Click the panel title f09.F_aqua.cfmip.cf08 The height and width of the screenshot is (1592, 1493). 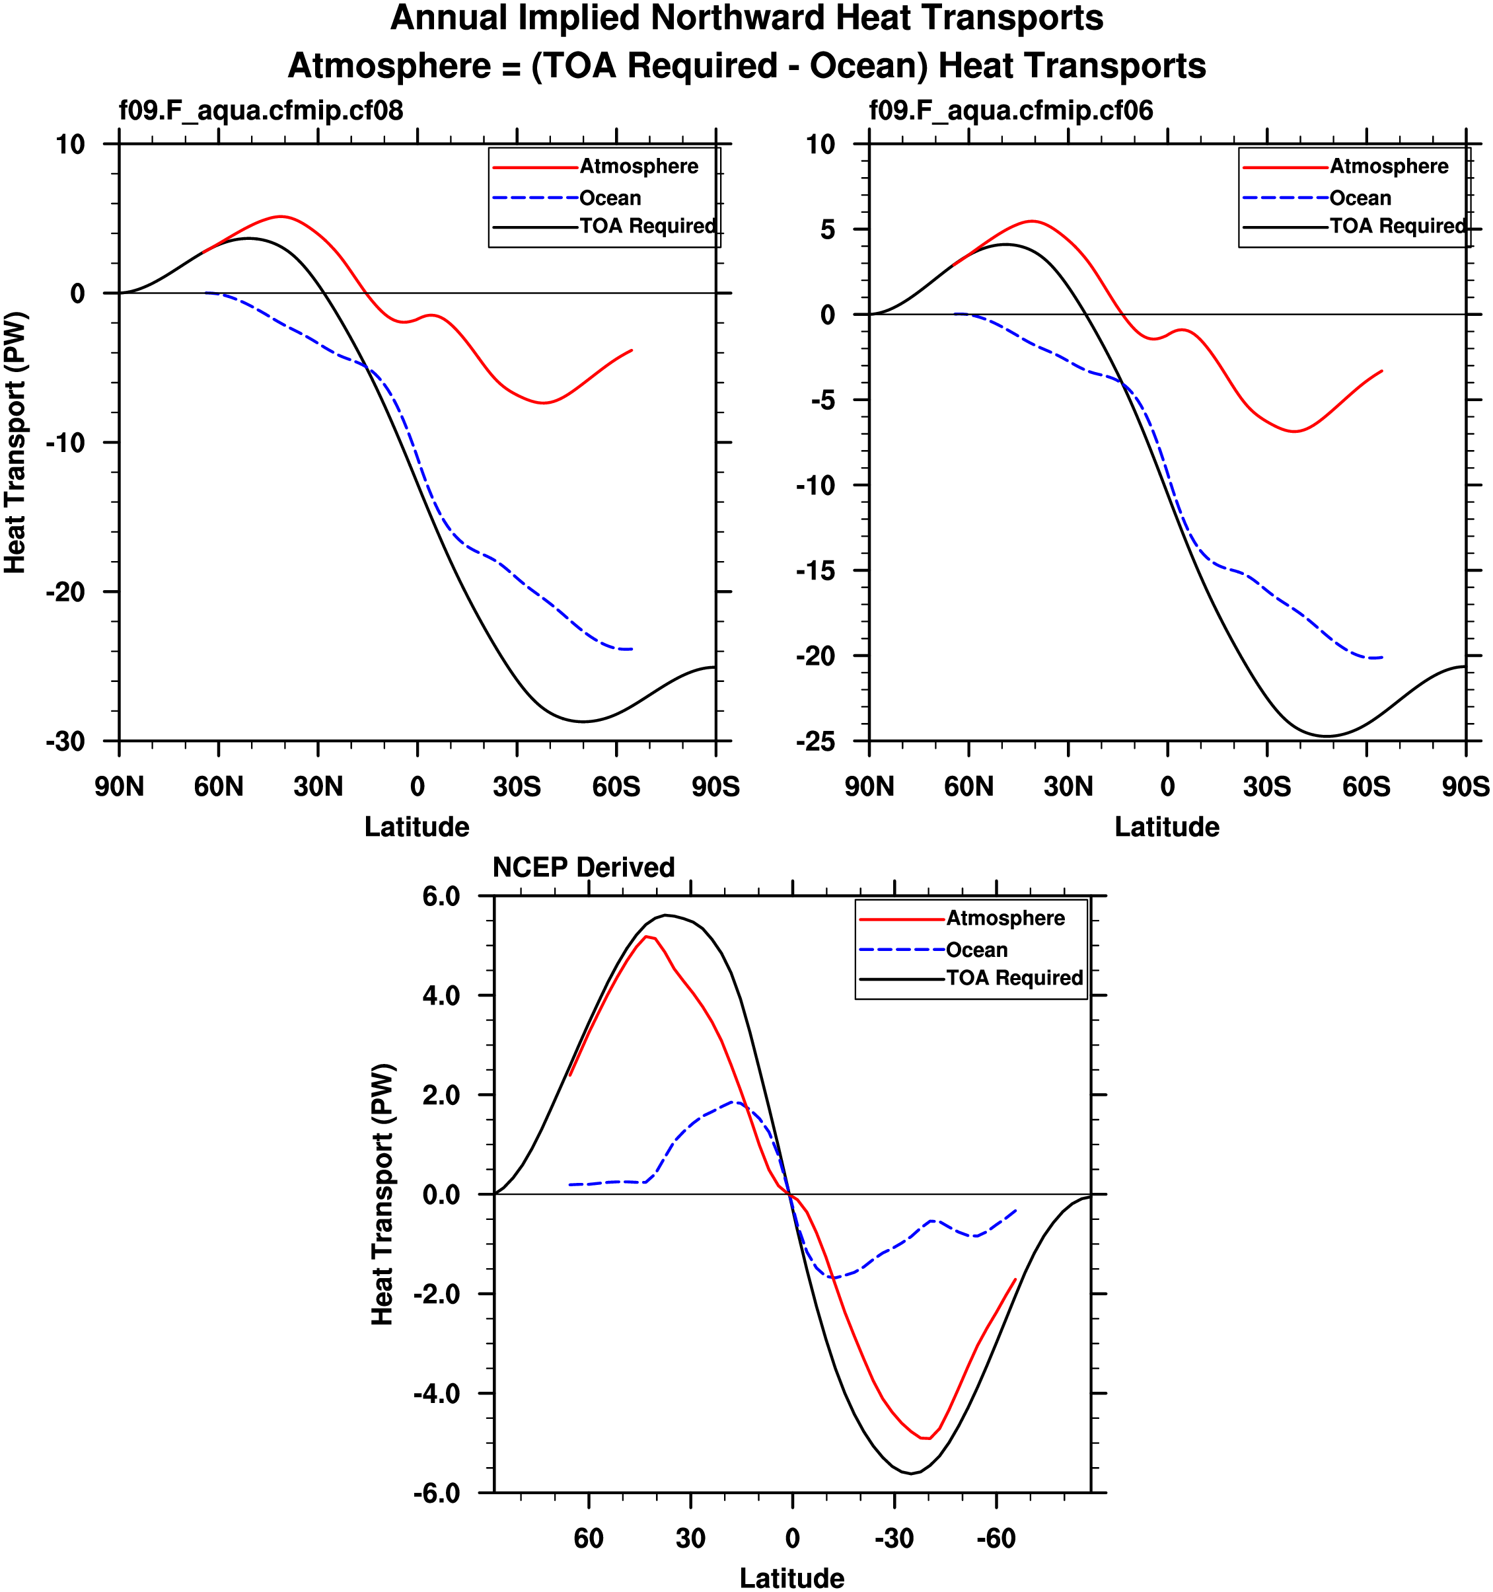(x=261, y=110)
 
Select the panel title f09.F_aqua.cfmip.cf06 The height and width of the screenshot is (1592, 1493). (x=1011, y=110)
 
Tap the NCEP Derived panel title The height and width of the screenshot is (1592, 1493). (x=583, y=867)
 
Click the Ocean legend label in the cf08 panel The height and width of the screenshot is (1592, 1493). (x=610, y=198)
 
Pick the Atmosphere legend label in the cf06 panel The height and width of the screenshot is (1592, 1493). (x=1389, y=167)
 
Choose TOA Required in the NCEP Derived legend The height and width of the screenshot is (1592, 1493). (x=1014, y=978)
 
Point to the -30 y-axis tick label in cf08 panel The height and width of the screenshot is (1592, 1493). (x=65, y=741)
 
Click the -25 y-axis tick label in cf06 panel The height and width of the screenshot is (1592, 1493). (x=816, y=741)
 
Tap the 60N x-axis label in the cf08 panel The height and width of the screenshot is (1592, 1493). (x=219, y=787)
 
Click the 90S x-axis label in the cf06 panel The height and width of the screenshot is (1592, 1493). (x=1466, y=787)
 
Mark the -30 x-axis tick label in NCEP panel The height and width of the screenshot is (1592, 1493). (x=894, y=1538)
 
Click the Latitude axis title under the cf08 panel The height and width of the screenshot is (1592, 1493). (x=416, y=827)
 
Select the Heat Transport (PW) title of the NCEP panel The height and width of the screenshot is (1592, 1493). (x=382, y=1194)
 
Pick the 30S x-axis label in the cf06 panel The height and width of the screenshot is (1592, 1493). (x=1267, y=787)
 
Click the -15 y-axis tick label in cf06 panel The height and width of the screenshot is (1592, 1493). (x=816, y=571)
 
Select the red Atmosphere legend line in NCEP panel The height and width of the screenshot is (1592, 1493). (x=901, y=919)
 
